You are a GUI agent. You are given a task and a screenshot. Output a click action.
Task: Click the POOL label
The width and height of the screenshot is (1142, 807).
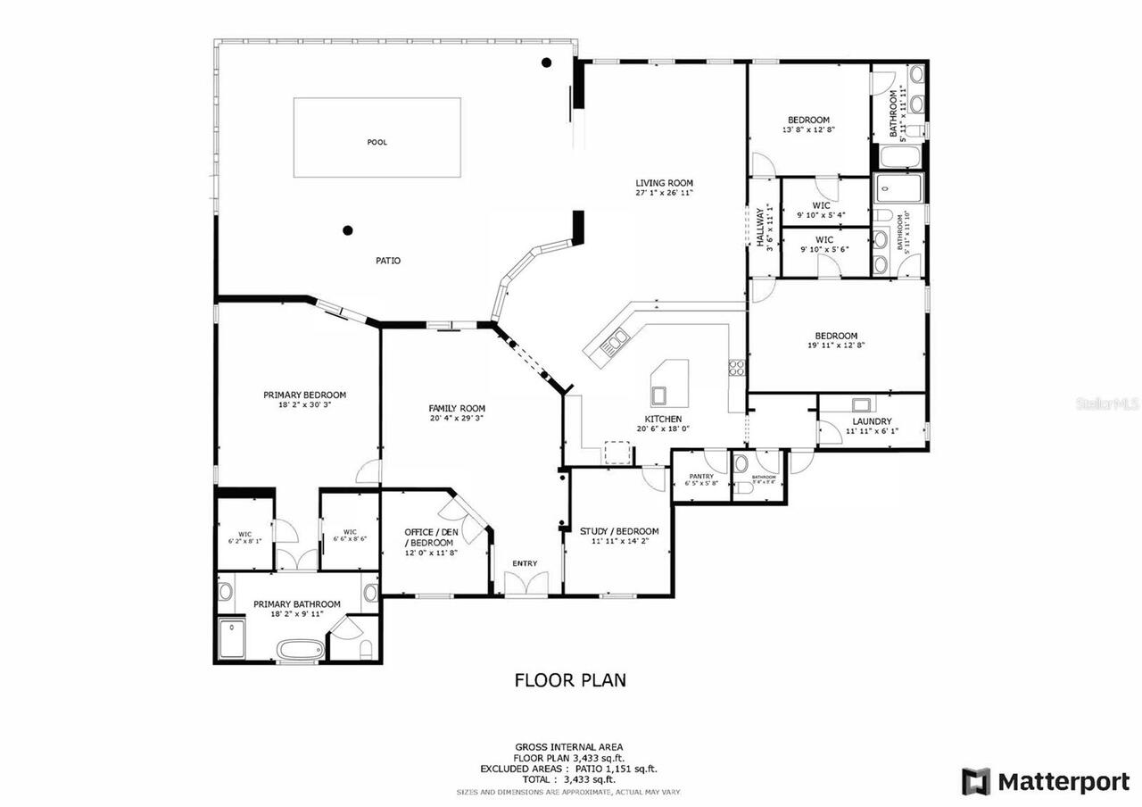click(x=377, y=142)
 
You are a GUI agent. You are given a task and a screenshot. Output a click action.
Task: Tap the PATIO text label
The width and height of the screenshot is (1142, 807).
click(x=388, y=261)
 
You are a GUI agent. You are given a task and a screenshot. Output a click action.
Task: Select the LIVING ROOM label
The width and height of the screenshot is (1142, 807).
click(x=664, y=183)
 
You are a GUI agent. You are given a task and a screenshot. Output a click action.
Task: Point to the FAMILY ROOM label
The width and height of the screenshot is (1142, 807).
click(x=456, y=408)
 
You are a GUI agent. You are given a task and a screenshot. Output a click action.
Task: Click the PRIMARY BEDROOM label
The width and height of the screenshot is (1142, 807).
click(x=304, y=395)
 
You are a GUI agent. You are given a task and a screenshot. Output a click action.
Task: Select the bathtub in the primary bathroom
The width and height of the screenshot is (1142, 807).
click(x=300, y=649)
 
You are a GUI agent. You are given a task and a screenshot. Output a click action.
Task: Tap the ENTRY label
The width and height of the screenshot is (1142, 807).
click(x=525, y=563)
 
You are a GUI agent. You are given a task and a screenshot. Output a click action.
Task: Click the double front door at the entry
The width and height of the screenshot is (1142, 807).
click(x=525, y=586)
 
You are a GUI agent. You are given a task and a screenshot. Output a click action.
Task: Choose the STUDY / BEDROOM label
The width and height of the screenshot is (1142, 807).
click(x=618, y=531)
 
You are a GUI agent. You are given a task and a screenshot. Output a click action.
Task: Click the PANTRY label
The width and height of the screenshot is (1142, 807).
click(x=701, y=476)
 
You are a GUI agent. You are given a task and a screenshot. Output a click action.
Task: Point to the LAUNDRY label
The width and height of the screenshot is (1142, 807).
click(x=872, y=421)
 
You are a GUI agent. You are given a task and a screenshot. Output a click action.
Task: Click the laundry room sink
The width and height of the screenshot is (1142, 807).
click(x=862, y=403)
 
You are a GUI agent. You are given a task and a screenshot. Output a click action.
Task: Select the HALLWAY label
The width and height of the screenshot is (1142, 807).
click(x=761, y=228)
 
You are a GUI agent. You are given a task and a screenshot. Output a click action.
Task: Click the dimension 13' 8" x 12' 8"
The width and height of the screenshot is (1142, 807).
click(x=808, y=129)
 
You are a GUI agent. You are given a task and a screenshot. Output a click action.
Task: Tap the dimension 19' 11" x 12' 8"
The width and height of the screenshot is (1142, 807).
click(x=836, y=345)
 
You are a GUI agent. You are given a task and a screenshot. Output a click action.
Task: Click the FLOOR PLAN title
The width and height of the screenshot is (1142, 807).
click(x=570, y=680)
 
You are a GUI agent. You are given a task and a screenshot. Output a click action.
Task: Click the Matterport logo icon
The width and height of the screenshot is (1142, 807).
click(x=976, y=781)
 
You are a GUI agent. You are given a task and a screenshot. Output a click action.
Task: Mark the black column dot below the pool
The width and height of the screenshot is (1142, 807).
click(x=348, y=230)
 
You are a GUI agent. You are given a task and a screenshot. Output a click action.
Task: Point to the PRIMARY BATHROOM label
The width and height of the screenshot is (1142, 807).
click(x=297, y=604)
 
